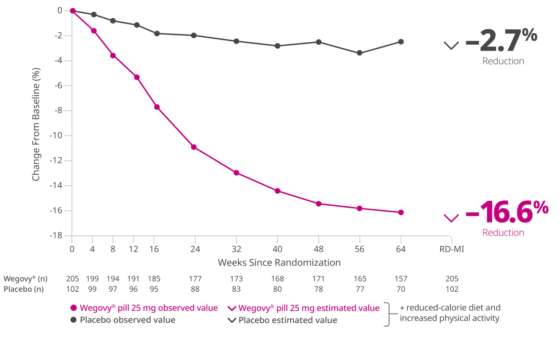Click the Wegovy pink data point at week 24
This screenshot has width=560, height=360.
[x=194, y=147]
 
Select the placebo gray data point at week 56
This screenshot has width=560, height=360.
[x=359, y=53]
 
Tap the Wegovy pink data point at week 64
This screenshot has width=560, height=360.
[x=401, y=212]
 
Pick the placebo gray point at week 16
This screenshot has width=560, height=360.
[x=157, y=33]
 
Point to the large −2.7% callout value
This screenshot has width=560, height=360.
[x=501, y=41]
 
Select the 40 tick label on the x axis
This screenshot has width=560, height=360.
[x=277, y=249]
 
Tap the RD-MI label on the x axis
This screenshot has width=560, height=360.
[x=452, y=249]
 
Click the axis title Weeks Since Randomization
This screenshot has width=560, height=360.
[x=279, y=262]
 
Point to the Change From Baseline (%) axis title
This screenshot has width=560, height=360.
[x=36, y=124]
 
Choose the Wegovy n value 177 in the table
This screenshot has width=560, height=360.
[x=195, y=279]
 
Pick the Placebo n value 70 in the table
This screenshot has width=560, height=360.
[x=401, y=289]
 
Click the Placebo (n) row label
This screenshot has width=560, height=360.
[x=23, y=289]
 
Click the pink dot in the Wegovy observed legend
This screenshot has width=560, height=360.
[x=74, y=308]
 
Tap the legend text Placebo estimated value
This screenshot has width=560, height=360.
[x=288, y=320]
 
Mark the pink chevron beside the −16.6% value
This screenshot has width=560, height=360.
[x=451, y=218]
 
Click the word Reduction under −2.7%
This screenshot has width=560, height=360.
[x=503, y=61]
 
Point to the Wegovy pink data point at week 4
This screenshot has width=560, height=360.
[x=94, y=31]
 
